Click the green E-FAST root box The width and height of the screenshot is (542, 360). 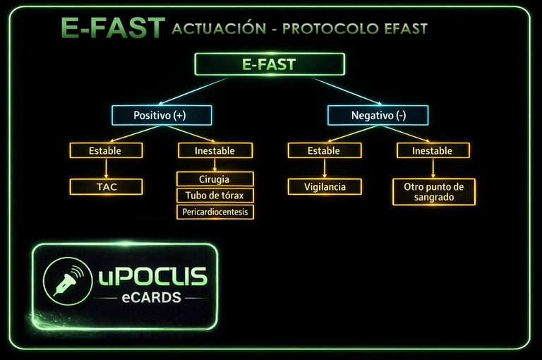(269, 64)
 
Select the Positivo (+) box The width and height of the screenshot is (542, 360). (162, 115)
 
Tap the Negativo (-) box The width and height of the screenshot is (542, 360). (378, 115)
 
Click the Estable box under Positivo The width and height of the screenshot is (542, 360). (106, 150)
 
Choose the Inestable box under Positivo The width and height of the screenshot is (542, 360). (215, 150)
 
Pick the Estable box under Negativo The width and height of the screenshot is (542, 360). (324, 150)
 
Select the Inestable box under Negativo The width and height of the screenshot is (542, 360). (433, 150)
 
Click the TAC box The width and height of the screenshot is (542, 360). (106, 187)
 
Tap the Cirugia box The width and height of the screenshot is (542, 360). (215, 179)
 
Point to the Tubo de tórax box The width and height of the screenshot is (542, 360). (215, 196)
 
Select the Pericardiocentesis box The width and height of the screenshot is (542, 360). (215, 212)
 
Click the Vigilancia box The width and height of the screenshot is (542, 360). (324, 187)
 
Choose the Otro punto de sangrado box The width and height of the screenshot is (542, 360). (433, 192)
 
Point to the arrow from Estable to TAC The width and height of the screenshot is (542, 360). (106, 168)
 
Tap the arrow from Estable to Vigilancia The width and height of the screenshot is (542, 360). (324, 168)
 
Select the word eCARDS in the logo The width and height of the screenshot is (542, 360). (151, 297)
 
